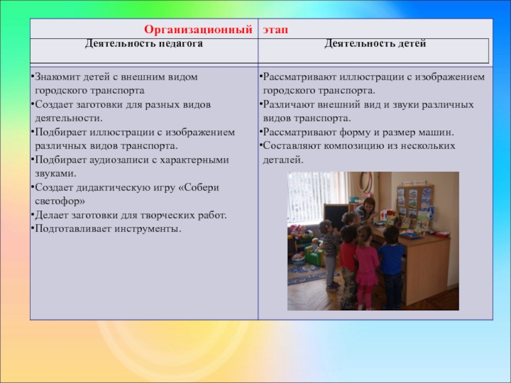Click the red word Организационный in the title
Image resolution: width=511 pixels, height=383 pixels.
198,29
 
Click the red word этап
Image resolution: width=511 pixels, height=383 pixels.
275,30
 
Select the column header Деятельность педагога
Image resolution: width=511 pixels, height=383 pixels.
144,43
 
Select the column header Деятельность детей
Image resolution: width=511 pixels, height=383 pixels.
375,43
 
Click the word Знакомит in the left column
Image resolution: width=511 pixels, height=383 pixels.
57,77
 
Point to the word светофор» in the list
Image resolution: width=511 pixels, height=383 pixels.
60,201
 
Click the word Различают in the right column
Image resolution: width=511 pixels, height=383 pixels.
289,105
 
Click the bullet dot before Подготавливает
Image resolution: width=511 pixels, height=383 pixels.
33,228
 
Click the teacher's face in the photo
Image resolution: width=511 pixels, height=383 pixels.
369,206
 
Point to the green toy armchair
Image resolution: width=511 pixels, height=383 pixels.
314,255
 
